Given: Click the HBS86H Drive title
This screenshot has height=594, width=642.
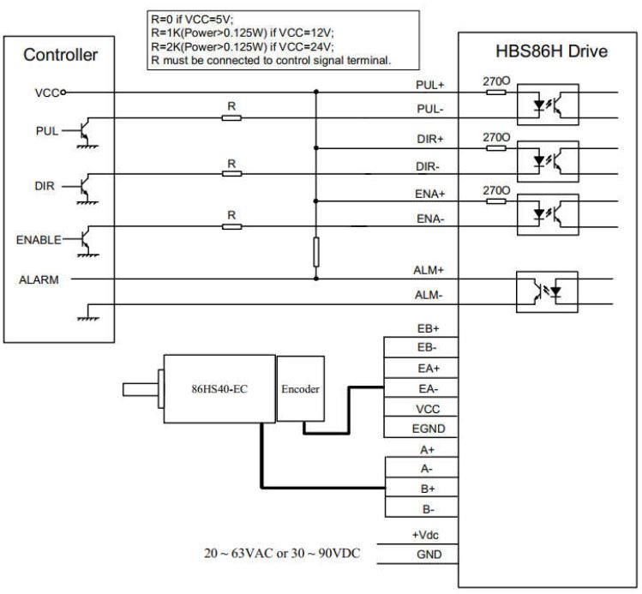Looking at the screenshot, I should pyautogui.click(x=545, y=51).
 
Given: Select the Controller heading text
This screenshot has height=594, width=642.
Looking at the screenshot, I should pyautogui.click(x=60, y=56).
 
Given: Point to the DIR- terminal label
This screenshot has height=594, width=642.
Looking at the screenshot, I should pyautogui.click(x=427, y=166).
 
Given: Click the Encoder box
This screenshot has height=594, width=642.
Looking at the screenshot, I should pyautogui.click(x=300, y=389).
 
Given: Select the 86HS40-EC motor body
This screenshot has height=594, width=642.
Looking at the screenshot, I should pyautogui.click(x=219, y=388).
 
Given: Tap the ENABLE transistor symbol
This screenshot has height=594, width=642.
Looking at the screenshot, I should pyautogui.click(x=84, y=241).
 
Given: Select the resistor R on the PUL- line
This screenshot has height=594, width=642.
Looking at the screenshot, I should pyautogui.click(x=231, y=117).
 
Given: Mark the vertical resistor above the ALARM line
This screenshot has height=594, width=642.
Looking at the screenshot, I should pyautogui.click(x=316, y=253).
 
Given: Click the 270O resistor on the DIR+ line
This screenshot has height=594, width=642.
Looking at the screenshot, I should pyautogui.click(x=496, y=147).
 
